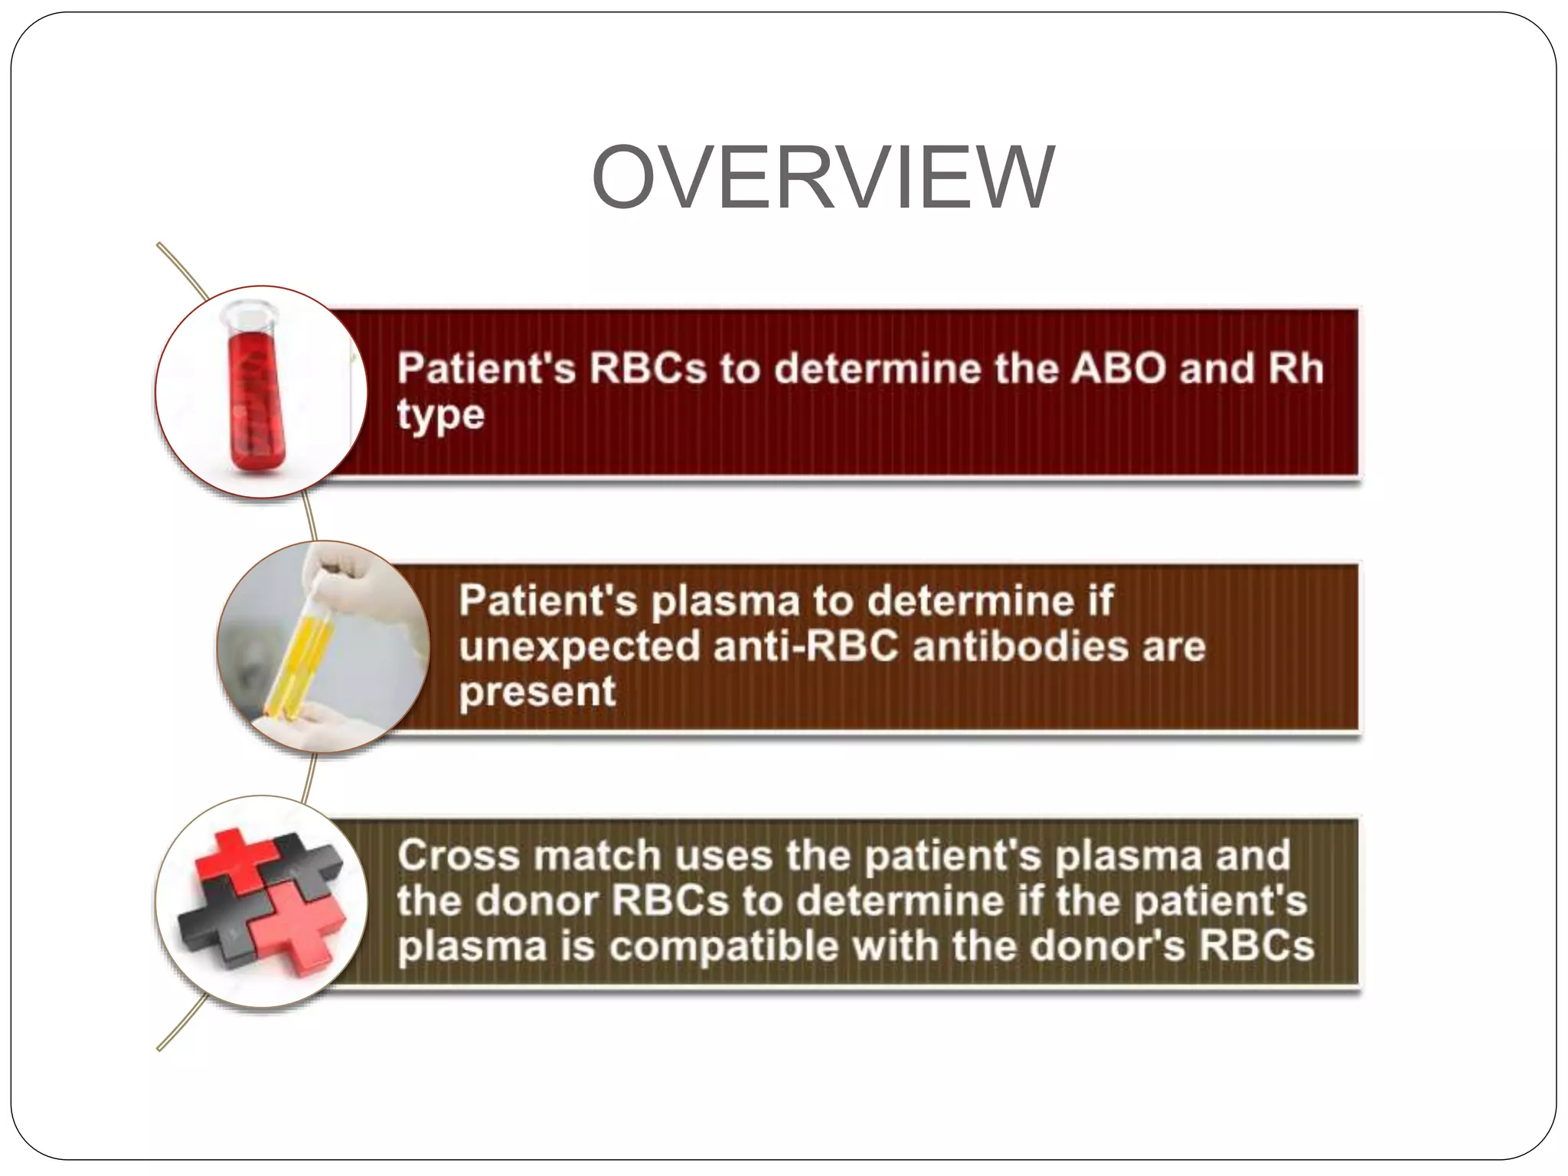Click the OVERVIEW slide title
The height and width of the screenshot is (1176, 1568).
click(823, 178)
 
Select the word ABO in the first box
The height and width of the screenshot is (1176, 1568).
click(1119, 368)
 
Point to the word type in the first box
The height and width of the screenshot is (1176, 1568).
click(440, 416)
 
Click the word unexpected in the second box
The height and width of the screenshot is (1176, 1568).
click(580, 647)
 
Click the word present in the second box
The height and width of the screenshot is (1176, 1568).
click(537, 693)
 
